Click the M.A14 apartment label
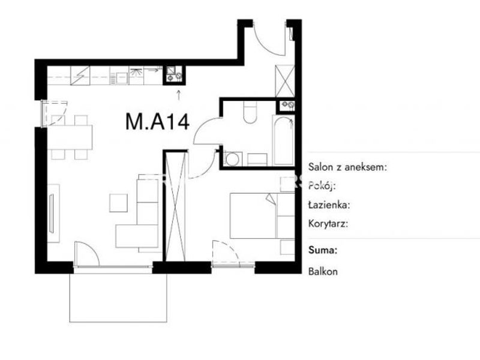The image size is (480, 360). click(157, 122)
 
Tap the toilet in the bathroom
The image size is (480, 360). click(250, 112)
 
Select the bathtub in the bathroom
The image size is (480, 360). click(283, 140)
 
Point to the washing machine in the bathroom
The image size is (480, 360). click(233, 159)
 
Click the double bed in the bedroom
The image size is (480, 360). click(262, 215)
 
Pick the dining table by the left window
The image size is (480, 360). click(70, 137)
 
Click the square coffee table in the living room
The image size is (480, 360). click(118, 203)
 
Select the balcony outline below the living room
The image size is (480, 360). click(118, 298)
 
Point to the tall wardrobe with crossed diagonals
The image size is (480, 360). click(175, 206)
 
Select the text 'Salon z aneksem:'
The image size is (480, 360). click(347, 167)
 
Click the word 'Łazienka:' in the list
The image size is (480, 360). click(329, 205)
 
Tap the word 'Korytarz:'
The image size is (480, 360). click(328, 224)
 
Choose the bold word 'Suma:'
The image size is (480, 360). click(323, 250)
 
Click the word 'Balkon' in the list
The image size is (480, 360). click(323, 272)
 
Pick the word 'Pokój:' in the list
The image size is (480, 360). click(322, 185)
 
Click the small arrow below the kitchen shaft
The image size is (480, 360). click(178, 95)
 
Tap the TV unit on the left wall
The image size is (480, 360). click(53, 214)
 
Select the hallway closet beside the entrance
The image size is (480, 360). click(284, 81)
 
